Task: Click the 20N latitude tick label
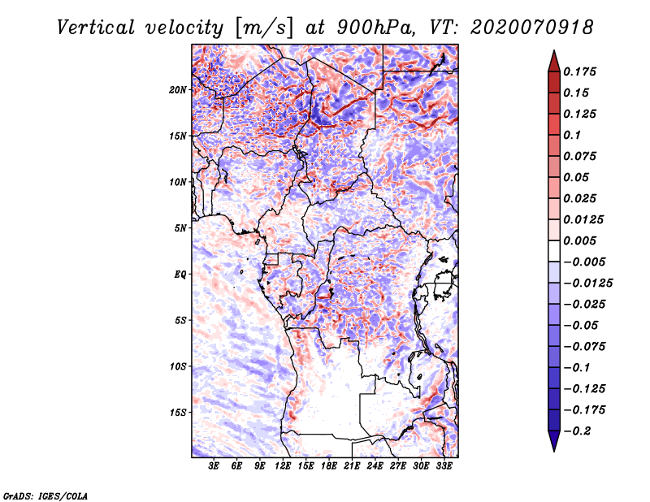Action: (x=178, y=89)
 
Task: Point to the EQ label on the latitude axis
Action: (x=180, y=275)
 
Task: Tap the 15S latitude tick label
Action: (x=178, y=413)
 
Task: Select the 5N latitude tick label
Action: (x=180, y=228)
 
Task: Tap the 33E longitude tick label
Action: (x=444, y=466)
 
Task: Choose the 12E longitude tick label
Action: (x=283, y=466)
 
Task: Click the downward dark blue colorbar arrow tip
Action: (x=552, y=448)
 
